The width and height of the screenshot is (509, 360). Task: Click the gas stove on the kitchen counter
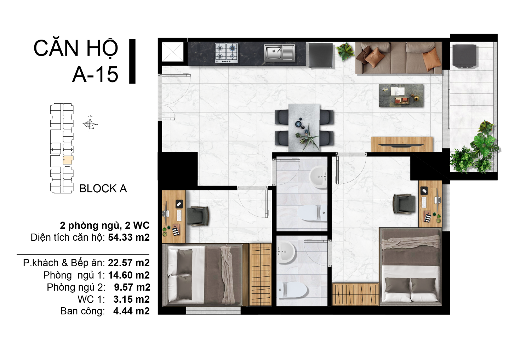tap(227, 53)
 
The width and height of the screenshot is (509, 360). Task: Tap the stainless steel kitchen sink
tap(279, 53)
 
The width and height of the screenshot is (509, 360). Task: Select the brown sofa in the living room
tap(398, 58)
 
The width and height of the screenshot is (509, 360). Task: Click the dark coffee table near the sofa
tap(401, 96)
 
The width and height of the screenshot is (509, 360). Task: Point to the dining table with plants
tap(304, 128)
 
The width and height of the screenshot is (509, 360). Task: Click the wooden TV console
tap(402, 144)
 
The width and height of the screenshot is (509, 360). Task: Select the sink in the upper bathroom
tap(318, 177)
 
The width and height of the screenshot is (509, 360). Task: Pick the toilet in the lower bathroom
tap(292, 290)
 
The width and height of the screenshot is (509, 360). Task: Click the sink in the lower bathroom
tap(286, 252)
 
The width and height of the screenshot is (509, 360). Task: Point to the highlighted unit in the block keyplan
tap(68, 160)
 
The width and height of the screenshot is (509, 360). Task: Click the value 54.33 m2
tap(129, 237)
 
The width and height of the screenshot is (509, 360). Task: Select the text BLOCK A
tap(103, 188)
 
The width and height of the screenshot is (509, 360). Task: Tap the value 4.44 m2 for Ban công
tap(132, 311)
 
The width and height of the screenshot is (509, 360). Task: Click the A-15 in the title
tap(95, 74)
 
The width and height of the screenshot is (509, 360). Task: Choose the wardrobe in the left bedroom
tap(261, 275)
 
